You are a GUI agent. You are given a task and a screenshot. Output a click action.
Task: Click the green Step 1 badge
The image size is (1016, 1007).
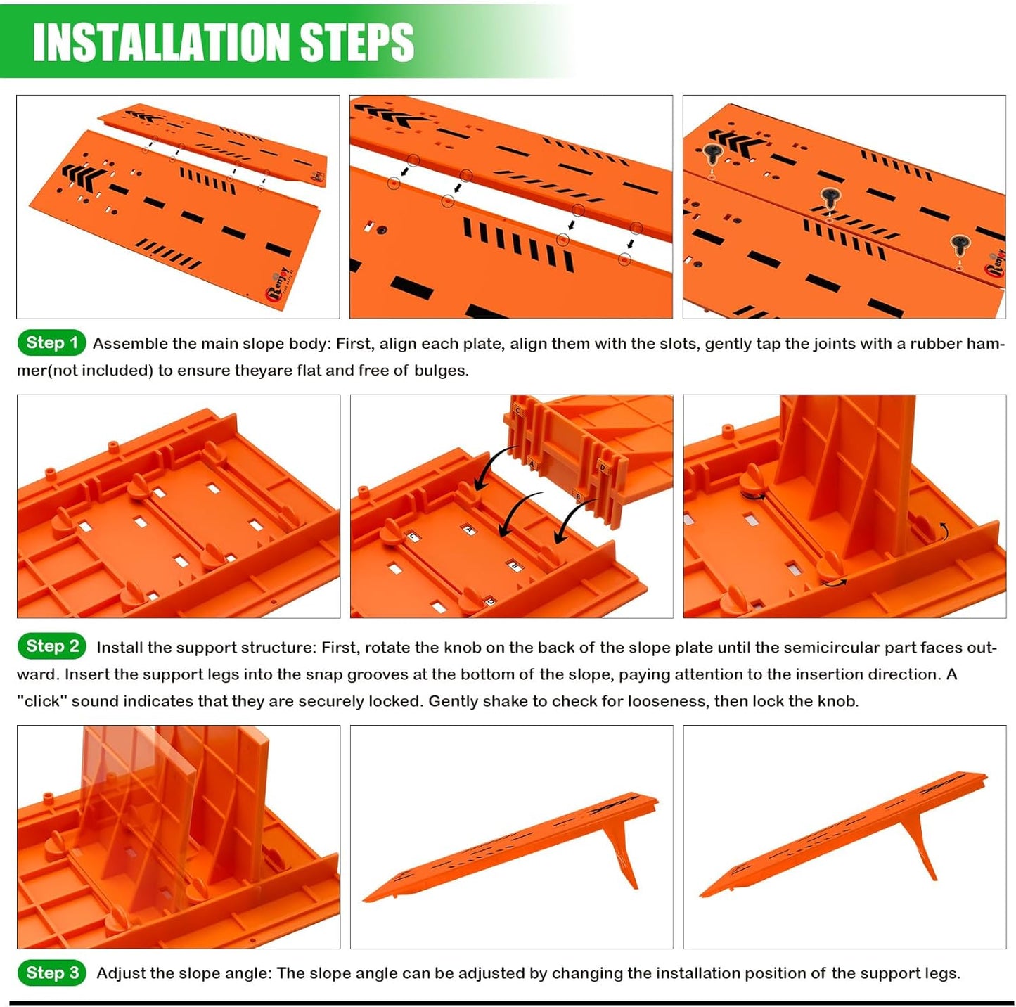[51, 343]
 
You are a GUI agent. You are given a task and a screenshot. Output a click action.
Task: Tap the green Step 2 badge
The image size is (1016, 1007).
[51, 646]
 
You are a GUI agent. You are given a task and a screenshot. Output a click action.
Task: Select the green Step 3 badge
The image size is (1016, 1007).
[51, 973]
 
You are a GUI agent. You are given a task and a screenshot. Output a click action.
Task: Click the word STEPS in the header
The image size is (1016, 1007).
[356, 42]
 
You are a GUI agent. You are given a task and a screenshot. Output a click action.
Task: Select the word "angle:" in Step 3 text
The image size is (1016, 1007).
[248, 973]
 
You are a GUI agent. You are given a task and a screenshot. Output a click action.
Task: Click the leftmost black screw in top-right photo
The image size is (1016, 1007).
[712, 153]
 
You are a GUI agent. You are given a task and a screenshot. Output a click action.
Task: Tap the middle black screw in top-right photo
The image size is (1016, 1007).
[830, 198]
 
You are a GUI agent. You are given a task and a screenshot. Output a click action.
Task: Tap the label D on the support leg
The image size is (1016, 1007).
[603, 468]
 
